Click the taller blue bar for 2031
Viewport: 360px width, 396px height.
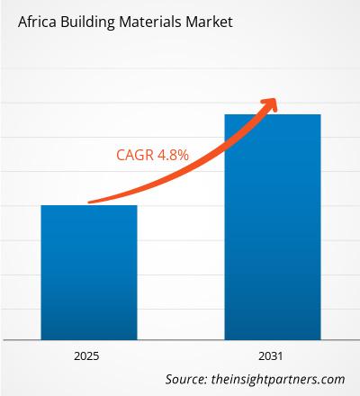[273, 225]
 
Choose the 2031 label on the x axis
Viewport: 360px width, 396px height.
[273, 356]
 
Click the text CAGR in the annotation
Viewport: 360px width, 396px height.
[135, 155]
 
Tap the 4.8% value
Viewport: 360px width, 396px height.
[172, 155]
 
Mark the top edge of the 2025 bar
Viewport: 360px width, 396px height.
[90, 206]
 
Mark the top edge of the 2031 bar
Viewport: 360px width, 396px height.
[273, 114]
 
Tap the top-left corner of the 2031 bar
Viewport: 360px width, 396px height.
[225, 114]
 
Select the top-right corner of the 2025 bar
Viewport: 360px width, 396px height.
[138, 206]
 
